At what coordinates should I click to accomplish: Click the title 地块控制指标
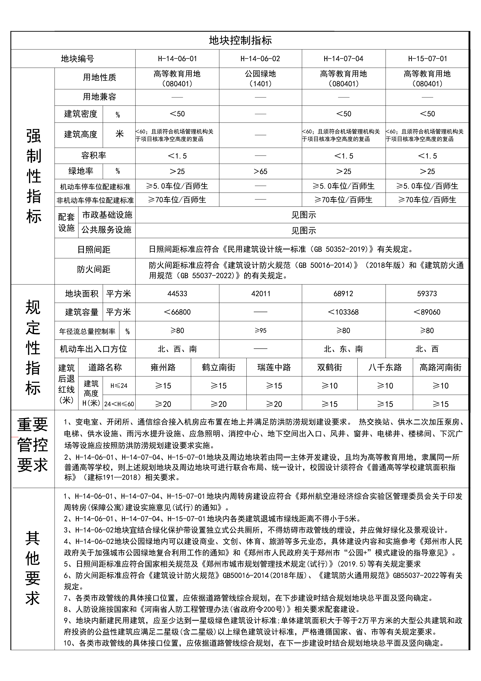(240, 40)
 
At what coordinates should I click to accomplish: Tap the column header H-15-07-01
(427, 59)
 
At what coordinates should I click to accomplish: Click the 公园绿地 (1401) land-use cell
(260, 78)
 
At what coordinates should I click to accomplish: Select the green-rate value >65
(260, 171)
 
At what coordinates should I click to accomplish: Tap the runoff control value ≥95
(260, 330)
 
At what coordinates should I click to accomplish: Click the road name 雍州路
(163, 367)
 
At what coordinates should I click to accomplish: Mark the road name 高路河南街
(440, 367)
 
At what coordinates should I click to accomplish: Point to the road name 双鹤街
(329, 367)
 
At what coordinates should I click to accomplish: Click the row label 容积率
(94, 155)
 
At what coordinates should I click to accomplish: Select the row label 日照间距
(94, 249)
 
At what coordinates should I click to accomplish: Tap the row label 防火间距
(94, 269)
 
